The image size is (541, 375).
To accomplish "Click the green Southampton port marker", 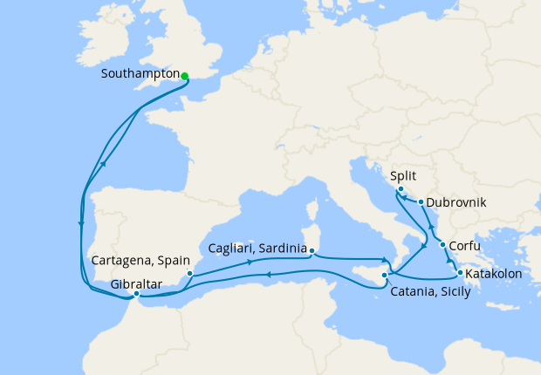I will click(185, 76).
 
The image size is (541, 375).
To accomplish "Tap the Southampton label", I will click(140, 75).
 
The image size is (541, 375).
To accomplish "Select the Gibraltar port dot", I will click(135, 294).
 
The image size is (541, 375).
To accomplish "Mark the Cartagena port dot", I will click(190, 273).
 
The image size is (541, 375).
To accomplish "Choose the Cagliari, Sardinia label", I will click(258, 248).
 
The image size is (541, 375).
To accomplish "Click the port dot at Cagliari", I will click(312, 255).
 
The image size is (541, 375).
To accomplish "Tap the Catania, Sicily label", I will click(431, 292).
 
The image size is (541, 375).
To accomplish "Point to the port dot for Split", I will click(400, 189).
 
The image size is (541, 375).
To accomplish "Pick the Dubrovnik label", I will click(457, 202).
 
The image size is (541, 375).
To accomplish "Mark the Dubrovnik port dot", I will click(421, 202).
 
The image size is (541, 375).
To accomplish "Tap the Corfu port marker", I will click(443, 245).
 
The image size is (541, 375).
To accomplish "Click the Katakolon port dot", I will click(460, 274).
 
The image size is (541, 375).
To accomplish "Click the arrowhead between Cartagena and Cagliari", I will click(251, 261).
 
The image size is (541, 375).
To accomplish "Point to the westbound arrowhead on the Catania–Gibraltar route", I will click(269, 276).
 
